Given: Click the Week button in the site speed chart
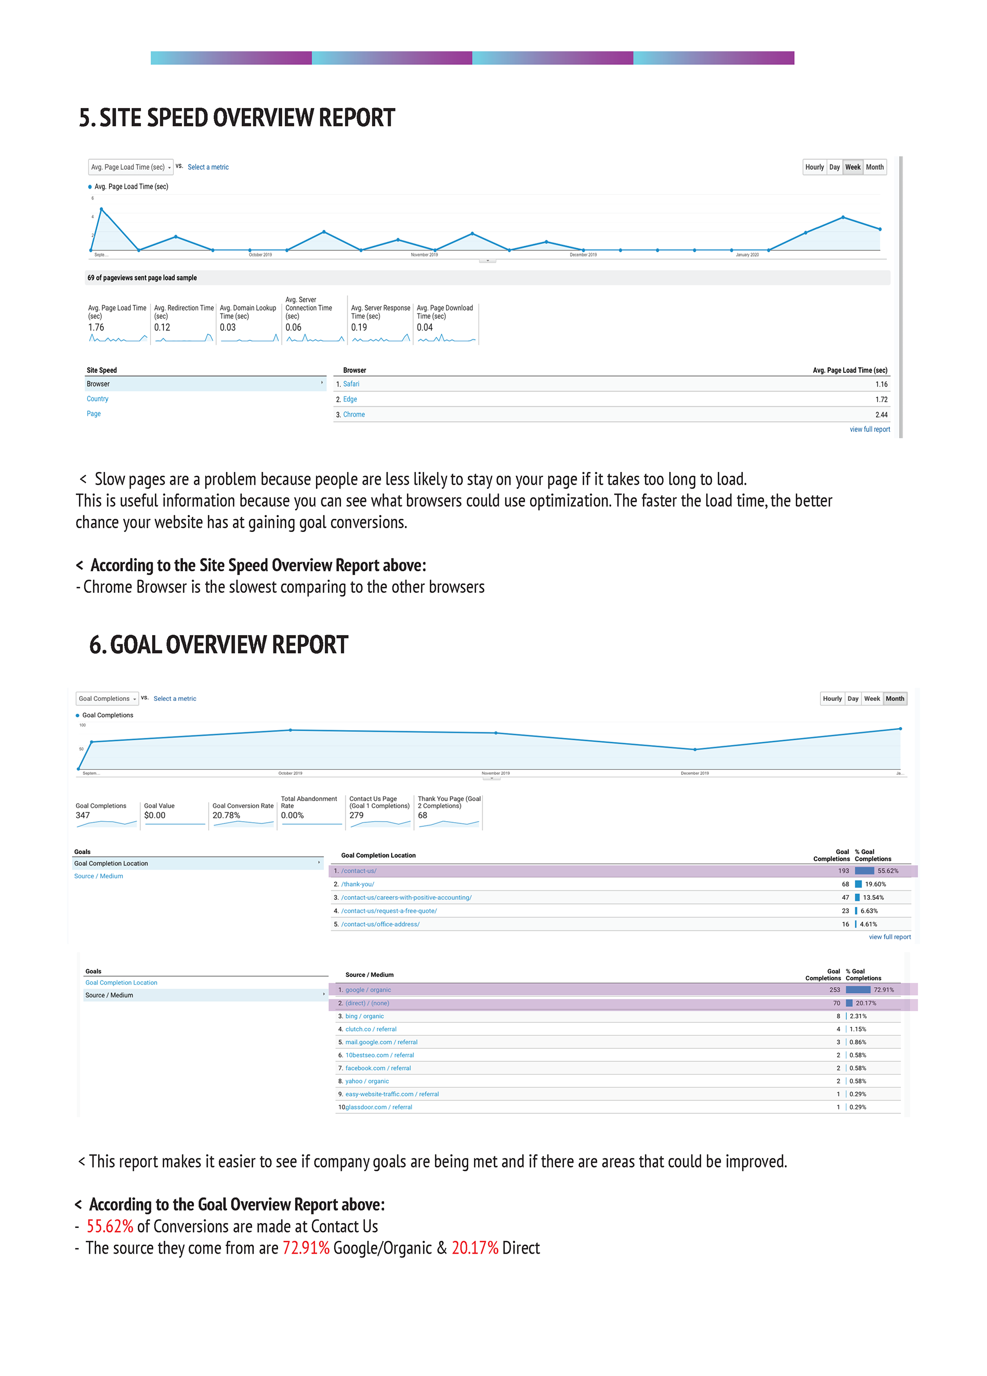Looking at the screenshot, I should [x=852, y=167].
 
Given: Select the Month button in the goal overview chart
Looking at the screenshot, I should [x=894, y=698].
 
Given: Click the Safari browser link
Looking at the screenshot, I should [x=351, y=384].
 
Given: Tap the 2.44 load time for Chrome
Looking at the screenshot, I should [x=881, y=415].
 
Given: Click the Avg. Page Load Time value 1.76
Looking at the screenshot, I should [x=96, y=328].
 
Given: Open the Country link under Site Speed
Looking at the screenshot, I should [x=97, y=399].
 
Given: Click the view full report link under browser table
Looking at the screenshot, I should [x=869, y=429].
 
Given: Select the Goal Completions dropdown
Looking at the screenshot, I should [x=107, y=698].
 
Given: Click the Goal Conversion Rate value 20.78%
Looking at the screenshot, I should [x=226, y=816].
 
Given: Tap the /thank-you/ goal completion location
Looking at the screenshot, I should [x=357, y=884].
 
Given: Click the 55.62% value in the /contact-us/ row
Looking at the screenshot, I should [x=887, y=871].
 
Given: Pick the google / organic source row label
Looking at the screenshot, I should [x=368, y=989].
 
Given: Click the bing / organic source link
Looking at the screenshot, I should [x=364, y=1016].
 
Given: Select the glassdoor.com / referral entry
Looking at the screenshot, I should [x=378, y=1107].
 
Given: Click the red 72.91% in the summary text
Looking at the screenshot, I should [x=306, y=1248].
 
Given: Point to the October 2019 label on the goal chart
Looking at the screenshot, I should [x=290, y=773].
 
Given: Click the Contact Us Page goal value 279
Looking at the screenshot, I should [x=356, y=816].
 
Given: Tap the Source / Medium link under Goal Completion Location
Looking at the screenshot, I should [x=98, y=876].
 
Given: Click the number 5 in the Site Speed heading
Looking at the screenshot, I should [x=85, y=118].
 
